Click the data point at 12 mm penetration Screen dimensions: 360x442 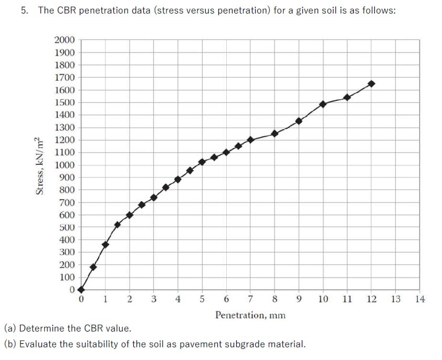(x=371, y=83)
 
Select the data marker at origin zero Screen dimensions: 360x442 (x=81, y=289)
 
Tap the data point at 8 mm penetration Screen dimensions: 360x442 (x=275, y=133)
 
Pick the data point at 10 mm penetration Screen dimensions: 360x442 (x=323, y=104)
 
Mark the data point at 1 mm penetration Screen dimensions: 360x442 (x=105, y=245)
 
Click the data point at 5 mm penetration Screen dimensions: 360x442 (x=202, y=162)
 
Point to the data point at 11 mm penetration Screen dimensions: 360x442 (x=347, y=97)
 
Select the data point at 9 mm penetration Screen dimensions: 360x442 (x=299, y=121)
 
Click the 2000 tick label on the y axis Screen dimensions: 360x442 (x=65, y=40)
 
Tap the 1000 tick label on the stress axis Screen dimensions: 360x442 (x=65, y=165)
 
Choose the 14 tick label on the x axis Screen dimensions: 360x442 (x=419, y=299)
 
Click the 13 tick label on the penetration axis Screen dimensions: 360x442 (x=395, y=299)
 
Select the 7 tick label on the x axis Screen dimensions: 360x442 (x=250, y=299)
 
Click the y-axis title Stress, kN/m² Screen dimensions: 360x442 (x=38, y=165)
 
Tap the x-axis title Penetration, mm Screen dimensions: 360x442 (x=250, y=315)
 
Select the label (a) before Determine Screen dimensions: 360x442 (x=10, y=329)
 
